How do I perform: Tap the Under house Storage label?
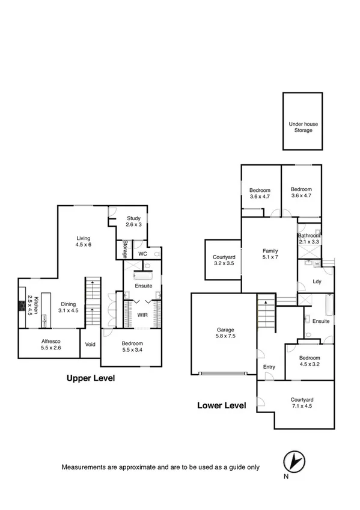click(303, 127)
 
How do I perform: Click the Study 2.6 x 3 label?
click(133, 221)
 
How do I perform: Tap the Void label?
click(90, 345)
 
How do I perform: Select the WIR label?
click(142, 315)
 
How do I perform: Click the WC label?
click(143, 254)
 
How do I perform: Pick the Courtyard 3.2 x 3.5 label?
click(223, 260)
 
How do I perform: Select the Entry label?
click(269, 366)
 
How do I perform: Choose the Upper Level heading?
click(90, 378)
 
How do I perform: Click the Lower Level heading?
click(222, 405)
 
